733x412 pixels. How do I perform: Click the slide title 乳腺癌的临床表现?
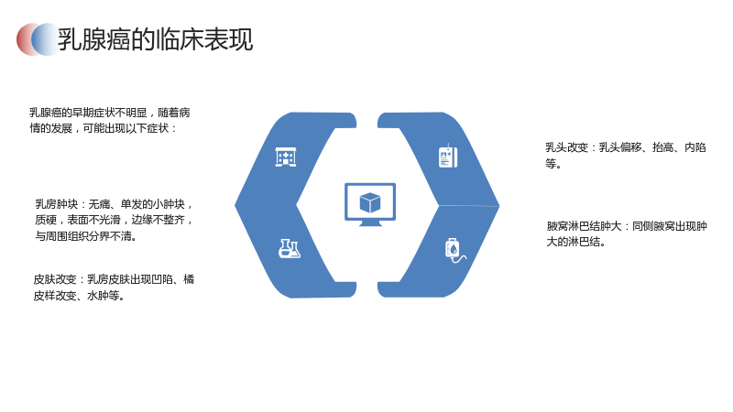tap(155, 39)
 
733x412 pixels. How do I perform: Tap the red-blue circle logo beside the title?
tap(38, 39)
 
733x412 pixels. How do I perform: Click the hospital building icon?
tap(286, 157)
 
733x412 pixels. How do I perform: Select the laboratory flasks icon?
tap(290, 248)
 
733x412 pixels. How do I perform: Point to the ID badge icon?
tap(448, 157)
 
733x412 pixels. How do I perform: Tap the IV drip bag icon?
tap(454, 250)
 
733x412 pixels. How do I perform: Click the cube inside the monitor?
tap(370, 202)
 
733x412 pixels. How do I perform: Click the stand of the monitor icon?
tap(370, 223)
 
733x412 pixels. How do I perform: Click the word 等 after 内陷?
tap(551, 164)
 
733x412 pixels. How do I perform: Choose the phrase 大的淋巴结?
tap(574, 242)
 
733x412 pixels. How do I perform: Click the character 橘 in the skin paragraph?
tap(189, 279)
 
